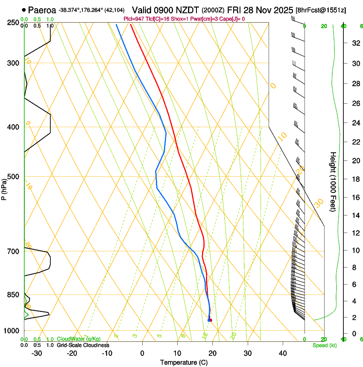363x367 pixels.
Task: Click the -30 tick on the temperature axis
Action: click(37, 353)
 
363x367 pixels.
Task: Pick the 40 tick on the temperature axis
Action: click(283, 353)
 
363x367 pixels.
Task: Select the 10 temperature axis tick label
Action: click(177, 353)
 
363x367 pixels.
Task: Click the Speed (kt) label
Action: click(324, 345)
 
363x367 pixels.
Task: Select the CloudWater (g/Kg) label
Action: click(79, 339)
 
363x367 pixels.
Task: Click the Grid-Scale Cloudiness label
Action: click(83, 345)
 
